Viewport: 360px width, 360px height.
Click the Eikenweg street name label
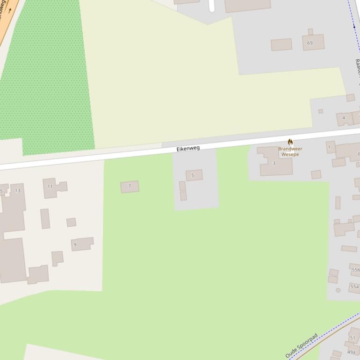click(188, 148)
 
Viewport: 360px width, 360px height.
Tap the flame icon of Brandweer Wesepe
click(290, 142)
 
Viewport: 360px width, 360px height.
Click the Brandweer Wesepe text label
click(290, 151)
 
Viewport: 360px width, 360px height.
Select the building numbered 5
click(194, 175)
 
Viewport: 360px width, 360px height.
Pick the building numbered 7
click(130, 187)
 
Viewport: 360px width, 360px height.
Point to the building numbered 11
click(50, 187)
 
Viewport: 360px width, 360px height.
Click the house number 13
click(17, 190)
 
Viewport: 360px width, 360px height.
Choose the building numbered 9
click(82, 244)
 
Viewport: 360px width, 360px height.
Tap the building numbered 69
click(313, 43)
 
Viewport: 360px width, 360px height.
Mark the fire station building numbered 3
click(276, 163)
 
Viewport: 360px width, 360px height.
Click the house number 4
click(344, 118)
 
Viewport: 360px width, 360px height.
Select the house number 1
click(329, 147)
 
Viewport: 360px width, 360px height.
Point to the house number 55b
click(356, 270)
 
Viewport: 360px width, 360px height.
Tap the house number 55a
click(354, 287)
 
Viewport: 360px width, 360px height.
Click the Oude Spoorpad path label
click(302, 346)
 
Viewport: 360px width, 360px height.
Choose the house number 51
click(353, 338)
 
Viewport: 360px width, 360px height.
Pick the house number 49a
click(351, 352)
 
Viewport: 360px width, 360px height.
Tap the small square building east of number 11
click(71, 222)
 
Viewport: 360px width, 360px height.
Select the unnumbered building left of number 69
click(281, 45)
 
